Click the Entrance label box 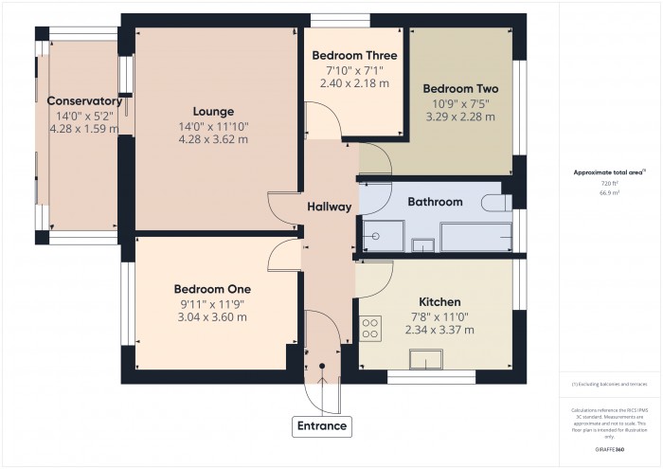pos(323,426)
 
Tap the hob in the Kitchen pos(369,328)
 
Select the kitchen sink pos(424,359)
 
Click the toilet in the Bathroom pos(496,202)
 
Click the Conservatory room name pos(83,101)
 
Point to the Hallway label pos(330,207)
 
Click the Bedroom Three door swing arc pos(327,121)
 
